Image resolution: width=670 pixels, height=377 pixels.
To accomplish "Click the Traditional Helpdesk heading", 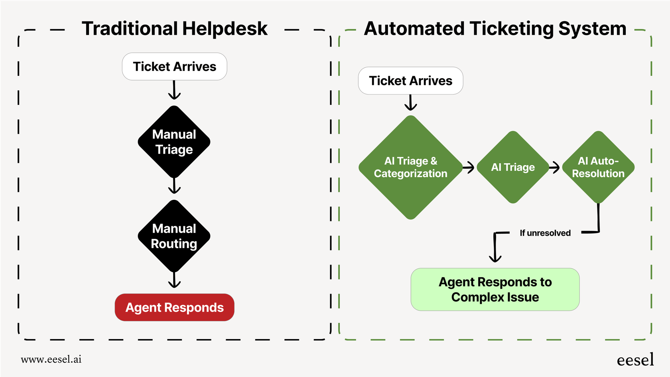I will point(174,29).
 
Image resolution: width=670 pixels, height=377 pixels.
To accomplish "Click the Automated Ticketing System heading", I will point(495,29).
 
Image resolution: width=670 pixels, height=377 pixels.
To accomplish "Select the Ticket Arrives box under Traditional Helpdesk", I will point(174,67).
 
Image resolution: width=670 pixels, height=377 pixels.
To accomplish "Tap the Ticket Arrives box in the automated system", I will point(410,81).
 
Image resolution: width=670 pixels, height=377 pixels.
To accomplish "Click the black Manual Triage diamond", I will point(174,142).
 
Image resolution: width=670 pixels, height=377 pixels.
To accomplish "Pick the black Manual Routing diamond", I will point(174,236).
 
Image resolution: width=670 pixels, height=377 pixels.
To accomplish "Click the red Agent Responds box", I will point(174,307).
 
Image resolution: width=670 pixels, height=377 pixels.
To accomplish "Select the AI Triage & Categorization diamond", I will point(410,167).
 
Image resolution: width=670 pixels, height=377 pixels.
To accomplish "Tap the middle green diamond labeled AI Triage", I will point(513,167).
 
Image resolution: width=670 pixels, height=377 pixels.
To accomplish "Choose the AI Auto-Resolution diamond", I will point(598,167).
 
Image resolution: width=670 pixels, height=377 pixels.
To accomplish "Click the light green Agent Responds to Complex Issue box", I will point(495,290).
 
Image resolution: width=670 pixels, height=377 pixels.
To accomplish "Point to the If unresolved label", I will point(545,233).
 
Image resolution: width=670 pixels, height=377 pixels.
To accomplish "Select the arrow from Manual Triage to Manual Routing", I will point(174,186).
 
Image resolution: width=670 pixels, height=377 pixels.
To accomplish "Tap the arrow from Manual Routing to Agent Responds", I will point(174,280).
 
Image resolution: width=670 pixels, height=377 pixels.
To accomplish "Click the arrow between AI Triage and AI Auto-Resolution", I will point(555,168).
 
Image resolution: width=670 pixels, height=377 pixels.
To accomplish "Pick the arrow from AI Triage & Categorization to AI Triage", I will point(469,168).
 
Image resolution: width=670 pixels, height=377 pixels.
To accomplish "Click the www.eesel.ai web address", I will point(51,359).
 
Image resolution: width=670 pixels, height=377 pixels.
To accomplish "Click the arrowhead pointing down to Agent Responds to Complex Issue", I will point(495,258).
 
